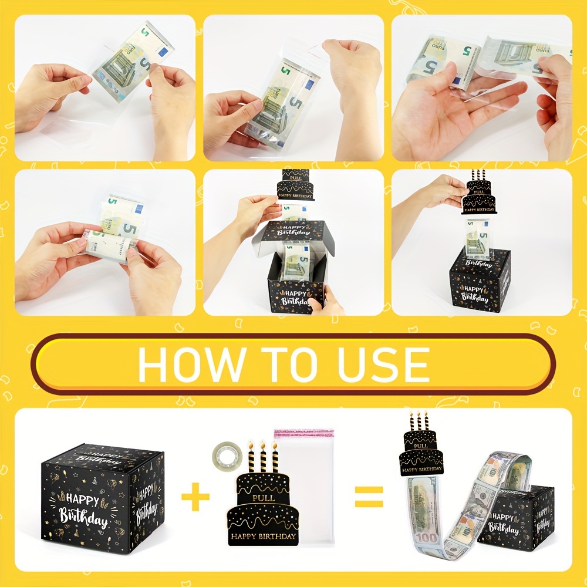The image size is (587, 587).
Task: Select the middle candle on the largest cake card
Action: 262,457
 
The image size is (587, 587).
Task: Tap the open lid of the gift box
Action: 292,232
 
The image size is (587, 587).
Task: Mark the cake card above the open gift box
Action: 296,184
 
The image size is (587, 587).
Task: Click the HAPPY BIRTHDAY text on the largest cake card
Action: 262,536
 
